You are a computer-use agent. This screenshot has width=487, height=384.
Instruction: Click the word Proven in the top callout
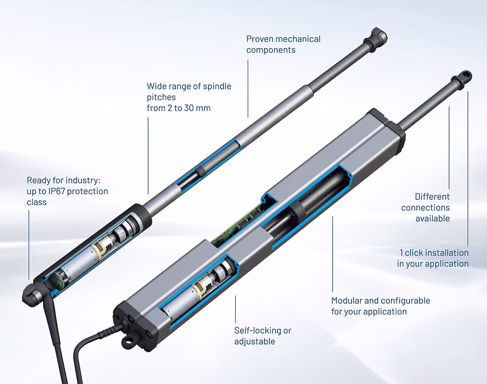tap(260, 39)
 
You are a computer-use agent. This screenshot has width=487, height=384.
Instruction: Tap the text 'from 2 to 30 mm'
tap(179, 108)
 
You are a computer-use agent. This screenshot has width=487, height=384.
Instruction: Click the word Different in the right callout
tap(432, 197)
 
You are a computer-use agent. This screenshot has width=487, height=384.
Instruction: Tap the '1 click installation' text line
tap(434, 253)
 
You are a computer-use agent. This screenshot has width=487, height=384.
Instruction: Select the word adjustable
tap(255, 341)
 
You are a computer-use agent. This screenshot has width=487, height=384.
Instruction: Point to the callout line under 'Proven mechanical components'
tap(248, 88)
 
